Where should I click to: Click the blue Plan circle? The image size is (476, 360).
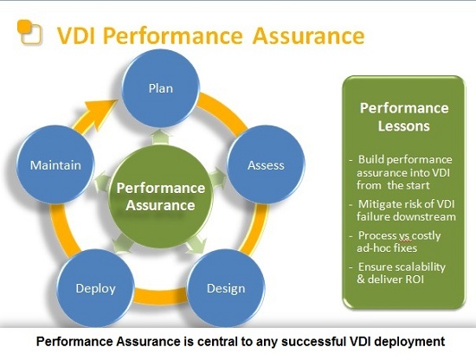coord(161,88)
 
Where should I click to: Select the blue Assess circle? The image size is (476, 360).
coord(266,164)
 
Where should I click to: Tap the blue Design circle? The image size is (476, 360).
coord(226,288)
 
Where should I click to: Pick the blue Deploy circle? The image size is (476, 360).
coord(95,288)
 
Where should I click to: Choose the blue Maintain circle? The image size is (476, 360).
coord(55,164)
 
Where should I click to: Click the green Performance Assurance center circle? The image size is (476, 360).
coord(161,196)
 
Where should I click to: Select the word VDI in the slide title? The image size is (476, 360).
coord(76,35)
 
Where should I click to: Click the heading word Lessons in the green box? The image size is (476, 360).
coord(404,126)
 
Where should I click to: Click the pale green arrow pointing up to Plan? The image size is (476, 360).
coord(161,138)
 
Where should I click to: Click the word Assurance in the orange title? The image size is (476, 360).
coord(308,35)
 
